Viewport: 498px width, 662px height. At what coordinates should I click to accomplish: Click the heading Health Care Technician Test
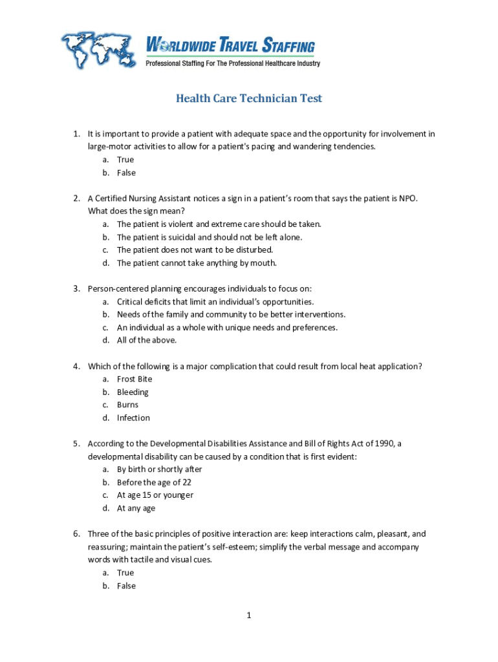click(249, 98)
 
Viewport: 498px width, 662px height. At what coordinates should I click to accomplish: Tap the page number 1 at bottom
click(248, 615)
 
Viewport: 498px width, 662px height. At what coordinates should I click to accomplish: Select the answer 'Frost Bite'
click(135, 379)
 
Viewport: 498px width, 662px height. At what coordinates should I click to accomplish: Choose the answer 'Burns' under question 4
click(127, 405)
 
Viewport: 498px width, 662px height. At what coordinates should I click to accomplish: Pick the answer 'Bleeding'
click(133, 392)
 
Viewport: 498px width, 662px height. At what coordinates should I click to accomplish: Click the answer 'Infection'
click(133, 418)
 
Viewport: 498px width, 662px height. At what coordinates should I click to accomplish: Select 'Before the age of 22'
click(154, 482)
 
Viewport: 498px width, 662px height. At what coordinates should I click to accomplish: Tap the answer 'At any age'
click(136, 508)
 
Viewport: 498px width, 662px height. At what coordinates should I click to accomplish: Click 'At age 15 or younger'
click(155, 495)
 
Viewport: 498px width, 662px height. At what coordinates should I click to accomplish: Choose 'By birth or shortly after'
click(159, 469)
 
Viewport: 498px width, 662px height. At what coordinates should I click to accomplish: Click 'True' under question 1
click(125, 160)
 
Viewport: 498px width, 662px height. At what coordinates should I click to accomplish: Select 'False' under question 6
click(126, 586)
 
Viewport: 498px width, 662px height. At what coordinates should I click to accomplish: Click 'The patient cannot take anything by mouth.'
click(197, 263)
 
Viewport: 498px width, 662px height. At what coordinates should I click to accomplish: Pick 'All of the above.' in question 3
click(146, 341)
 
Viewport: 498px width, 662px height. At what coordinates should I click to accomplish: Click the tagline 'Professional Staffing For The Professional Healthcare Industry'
click(233, 63)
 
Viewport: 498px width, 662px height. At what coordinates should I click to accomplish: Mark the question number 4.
click(76, 367)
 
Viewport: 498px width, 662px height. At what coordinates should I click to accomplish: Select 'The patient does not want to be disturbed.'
click(195, 250)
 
